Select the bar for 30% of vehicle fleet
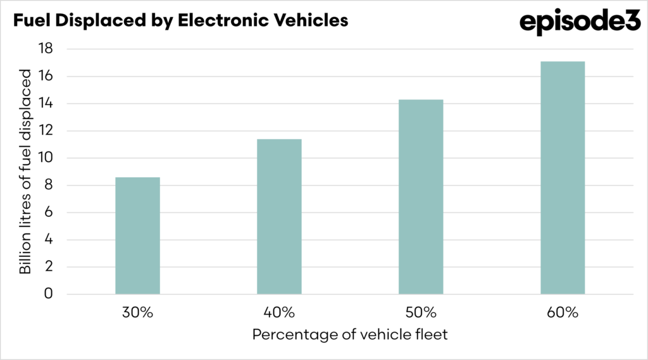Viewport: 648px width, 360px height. pyautogui.click(x=137, y=236)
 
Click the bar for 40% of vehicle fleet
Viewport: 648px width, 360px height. pyautogui.click(x=279, y=217)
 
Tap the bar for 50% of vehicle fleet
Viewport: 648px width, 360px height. pyautogui.click(x=421, y=197)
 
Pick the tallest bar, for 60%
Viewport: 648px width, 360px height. pyautogui.click(x=563, y=178)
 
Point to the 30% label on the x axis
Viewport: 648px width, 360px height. pyautogui.click(x=137, y=312)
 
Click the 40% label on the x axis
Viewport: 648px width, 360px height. pyautogui.click(x=279, y=312)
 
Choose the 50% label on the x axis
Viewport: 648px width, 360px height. pyautogui.click(x=421, y=312)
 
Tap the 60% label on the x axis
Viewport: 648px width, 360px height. pyautogui.click(x=563, y=312)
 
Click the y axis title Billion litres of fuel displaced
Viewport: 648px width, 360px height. pyautogui.click(x=25, y=172)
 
